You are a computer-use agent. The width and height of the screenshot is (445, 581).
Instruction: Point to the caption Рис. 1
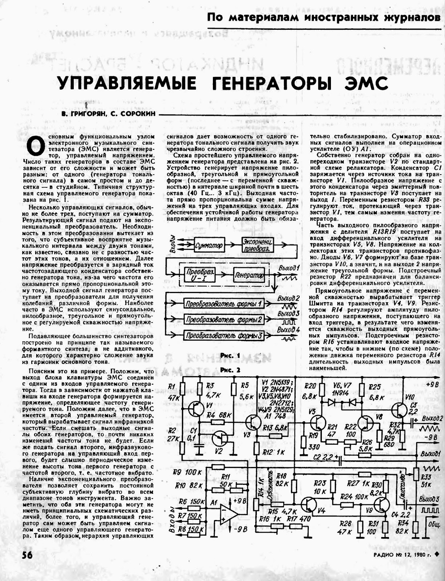230,356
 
